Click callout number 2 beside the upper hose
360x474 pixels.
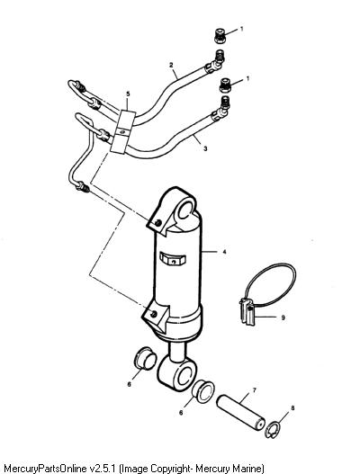pos(171,65)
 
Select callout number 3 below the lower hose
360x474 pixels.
pos(205,148)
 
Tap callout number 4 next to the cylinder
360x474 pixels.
pos(224,252)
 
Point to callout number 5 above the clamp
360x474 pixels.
pos(128,94)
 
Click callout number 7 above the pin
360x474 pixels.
pos(254,390)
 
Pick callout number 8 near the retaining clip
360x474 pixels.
pos(292,408)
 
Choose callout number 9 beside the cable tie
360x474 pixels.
pos(283,317)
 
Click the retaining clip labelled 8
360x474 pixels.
pos(273,430)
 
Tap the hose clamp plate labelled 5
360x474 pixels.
pos(123,132)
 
